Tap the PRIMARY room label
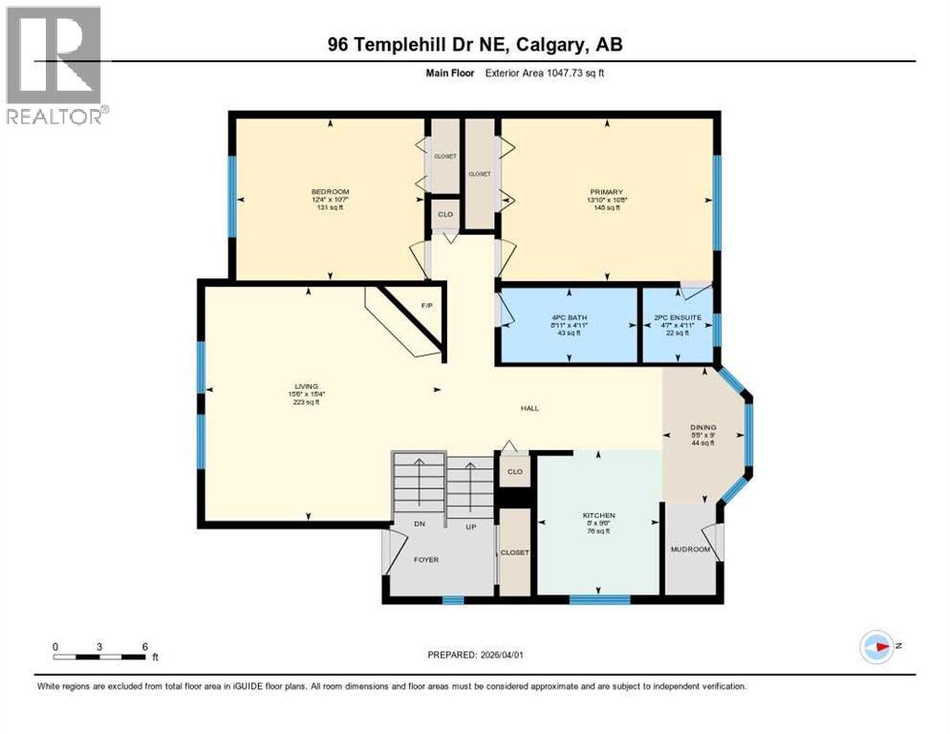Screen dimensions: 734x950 (x=606, y=192)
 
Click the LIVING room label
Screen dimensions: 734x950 (x=306, y=385)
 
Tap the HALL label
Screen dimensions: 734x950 (x=529, y=408)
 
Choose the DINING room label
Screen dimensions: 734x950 (x=703, y=428)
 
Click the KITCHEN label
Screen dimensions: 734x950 (x=599, y=516)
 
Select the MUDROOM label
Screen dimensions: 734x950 (x=689, y=550)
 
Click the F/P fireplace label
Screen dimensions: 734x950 (x=427, y=306)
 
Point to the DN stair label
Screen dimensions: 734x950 (x=419, y=525)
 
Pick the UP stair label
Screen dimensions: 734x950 (x=469, y=525)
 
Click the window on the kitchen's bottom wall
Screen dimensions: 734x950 (x=599, y=600)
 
